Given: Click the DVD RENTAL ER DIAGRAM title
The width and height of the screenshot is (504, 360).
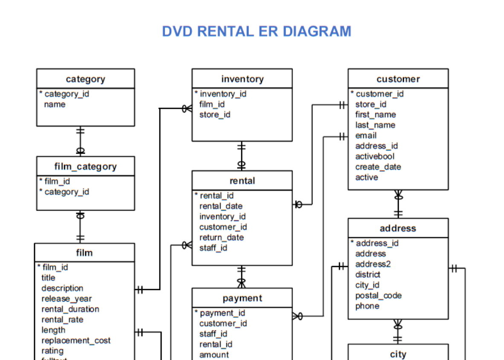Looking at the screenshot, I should (256, 32).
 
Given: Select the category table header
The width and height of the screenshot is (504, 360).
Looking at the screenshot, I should (85, 79).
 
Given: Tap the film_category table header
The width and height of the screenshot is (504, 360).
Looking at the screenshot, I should (85, 166).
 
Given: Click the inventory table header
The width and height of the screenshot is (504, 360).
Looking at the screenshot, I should (242, 79).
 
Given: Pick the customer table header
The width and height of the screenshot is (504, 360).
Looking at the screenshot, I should (398, 79).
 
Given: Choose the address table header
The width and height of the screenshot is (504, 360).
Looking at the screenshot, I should (398, 228).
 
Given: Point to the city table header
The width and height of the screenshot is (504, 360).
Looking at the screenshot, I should (398, 354).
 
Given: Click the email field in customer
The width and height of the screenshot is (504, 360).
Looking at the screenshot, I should (366, 136).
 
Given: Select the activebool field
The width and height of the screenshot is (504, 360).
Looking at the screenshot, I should (375, 157).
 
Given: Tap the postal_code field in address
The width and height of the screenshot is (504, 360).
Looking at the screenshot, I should (378, 296).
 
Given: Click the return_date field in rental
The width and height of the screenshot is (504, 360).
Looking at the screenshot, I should (221, 238).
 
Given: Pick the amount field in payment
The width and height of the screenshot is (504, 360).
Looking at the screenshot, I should (214, 355).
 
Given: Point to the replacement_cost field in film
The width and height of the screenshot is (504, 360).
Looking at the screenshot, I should (75, 340).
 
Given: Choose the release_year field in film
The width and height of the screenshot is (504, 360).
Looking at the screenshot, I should (67, 299).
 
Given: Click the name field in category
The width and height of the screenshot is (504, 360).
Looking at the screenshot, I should (55, 105).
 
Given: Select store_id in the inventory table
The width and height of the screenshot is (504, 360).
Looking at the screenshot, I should (214, 115).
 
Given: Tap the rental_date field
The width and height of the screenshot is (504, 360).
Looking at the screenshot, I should (221, 206).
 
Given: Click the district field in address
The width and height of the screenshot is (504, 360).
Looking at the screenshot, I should (368, 275).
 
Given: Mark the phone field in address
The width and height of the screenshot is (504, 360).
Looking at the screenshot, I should (367, 306).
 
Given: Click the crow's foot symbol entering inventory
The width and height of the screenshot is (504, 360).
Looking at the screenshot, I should (187, 109).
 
